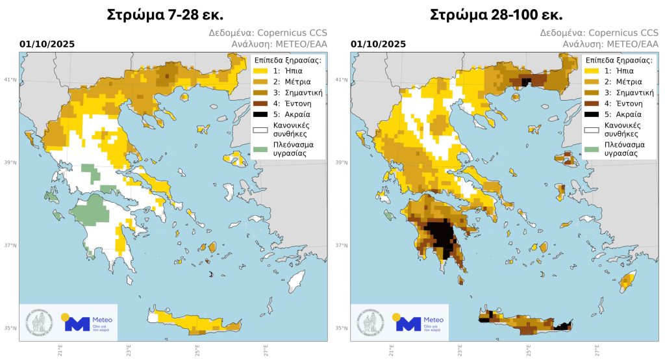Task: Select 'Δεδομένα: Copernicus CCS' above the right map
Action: click(605, 32)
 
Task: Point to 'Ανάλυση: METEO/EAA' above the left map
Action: click(279, 44)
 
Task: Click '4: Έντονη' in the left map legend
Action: click(293, 103)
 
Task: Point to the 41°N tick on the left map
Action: click(12, 80)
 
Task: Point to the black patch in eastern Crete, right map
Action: click(564, 327)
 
